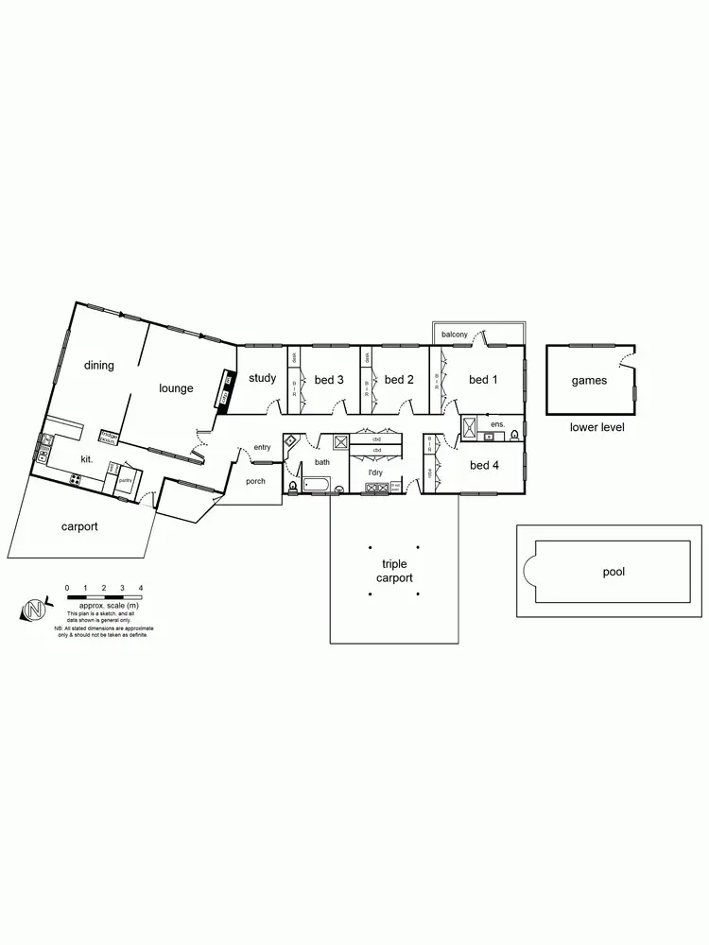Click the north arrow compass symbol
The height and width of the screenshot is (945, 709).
click(x=34, y=610)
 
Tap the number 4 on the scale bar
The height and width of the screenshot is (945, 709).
click(x=140, y=588)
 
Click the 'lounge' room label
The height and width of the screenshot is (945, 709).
click(x=176, y=388)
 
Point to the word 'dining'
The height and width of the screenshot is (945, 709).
click(x=99, y=366)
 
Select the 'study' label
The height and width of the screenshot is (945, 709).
click(x=262, y=378)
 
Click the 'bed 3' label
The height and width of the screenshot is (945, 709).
click(x=328, y=380)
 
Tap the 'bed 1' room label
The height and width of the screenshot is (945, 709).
click(x=482, y=380)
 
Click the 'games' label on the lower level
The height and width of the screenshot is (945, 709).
click(x=589, y=381)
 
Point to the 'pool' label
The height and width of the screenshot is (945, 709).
click(x=614, y=572)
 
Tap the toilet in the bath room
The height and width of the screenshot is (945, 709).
click(x=292, y=486)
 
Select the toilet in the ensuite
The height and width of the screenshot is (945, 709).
click(x=513, y=436)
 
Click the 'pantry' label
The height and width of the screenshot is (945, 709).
click(x=124, y=480)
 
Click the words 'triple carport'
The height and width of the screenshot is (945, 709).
click(x=394, y=571)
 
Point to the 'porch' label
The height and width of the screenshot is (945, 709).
click(x=255, y=481)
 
